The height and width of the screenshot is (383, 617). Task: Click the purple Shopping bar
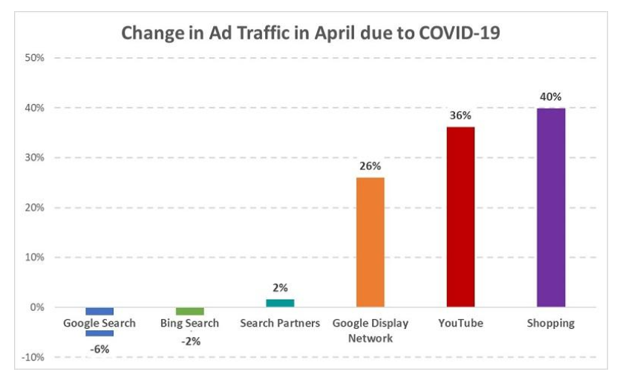tap(550, 207)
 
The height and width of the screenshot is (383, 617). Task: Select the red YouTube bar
tap(460, 216)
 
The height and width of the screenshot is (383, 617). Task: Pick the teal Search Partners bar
tap(280, 303)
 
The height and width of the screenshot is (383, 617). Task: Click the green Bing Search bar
tap(189, 311)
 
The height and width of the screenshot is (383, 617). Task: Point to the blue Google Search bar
tap(99, 311)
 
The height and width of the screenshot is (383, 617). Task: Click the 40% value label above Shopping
tap(550, 96)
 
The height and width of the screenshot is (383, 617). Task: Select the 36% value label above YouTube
tap(460, 116)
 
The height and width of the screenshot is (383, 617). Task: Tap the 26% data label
tap(370, 166)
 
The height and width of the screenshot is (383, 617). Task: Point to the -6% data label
tap(99, 349)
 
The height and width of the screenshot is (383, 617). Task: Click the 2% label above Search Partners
tap(280, 288)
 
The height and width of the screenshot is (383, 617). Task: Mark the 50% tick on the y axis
tap(35, 58)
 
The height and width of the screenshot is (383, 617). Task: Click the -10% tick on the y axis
tap(33, 358)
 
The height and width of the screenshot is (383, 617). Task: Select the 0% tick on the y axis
tap(37, 307)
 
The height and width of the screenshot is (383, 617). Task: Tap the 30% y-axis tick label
tap(35, 157)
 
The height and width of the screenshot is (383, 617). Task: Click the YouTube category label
tap(460, 323)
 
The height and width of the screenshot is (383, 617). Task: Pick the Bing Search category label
tap(189, 323)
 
